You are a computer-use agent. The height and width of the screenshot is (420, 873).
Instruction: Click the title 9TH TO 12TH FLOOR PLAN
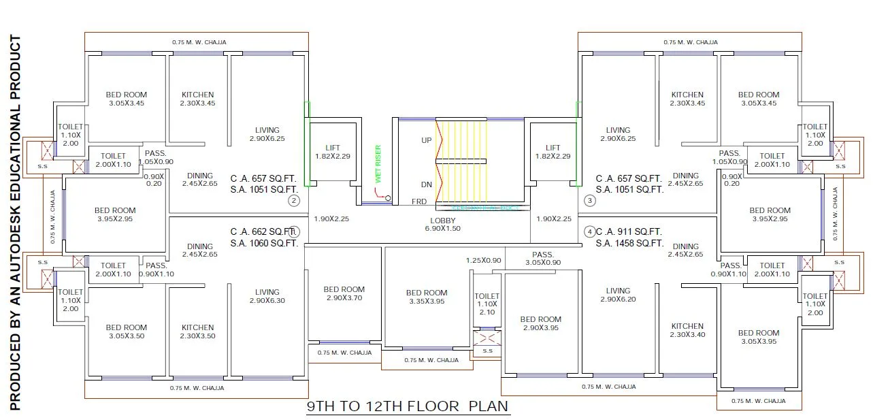(408, 407)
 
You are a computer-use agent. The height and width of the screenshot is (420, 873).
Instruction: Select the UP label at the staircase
(427, 140)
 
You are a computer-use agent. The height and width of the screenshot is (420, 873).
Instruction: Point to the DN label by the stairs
(427, 184)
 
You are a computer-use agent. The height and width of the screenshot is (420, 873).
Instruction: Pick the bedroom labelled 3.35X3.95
(427, 297)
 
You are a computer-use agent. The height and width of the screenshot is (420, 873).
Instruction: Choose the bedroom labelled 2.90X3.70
(344, 293)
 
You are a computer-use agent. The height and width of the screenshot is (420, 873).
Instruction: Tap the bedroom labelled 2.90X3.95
(540, 323)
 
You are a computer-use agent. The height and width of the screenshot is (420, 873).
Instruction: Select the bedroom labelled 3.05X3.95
(759, 337)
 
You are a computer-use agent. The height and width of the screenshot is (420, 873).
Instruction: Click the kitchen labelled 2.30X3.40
(687, 330)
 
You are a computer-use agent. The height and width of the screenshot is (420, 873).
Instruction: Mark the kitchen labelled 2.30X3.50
(198, 332)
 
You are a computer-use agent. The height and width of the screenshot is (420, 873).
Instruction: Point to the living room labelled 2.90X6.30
(267, 296)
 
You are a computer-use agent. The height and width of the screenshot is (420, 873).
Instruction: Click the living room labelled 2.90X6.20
(619, 295)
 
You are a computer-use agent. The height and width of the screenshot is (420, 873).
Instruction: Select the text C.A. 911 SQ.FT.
(629, 231)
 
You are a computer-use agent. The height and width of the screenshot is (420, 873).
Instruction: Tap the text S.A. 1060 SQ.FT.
(264, 243)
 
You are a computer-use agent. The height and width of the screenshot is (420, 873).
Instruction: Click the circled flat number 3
(590, 200)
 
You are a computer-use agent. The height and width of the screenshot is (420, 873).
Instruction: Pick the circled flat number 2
(293, 200)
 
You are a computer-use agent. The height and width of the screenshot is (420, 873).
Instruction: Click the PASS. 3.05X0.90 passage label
(544, 258)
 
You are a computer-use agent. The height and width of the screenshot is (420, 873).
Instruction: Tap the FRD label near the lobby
(419, 202)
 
